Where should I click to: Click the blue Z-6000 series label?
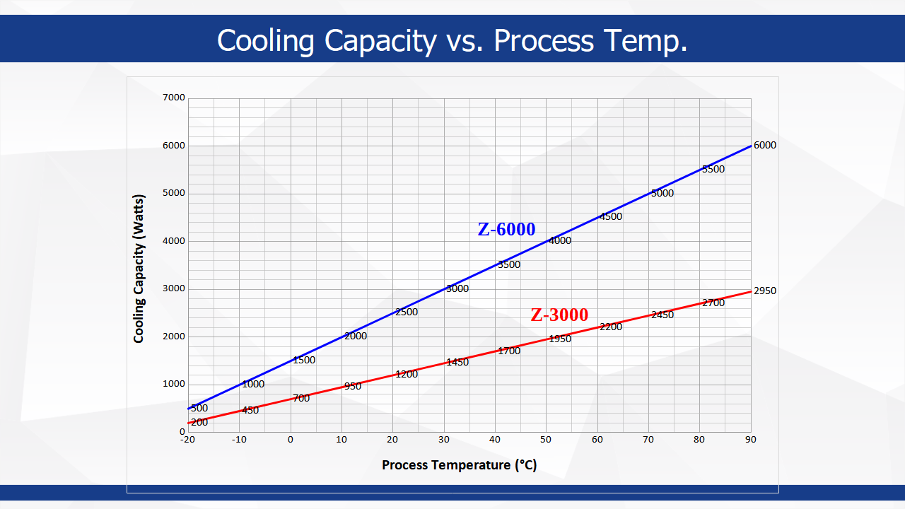(x=506, y=230)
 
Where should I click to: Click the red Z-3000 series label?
(x=559, y=315)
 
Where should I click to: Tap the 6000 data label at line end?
(x=764, y=146)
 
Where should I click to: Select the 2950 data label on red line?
(x=764, y=291)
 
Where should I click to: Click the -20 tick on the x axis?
(x=187, y=440)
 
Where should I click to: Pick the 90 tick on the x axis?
(x=750, y=440)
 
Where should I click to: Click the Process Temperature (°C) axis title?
(x=459, y=465)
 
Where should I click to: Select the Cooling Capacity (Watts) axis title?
(x=139, y=268)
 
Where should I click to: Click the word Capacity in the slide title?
(x=380, y=40)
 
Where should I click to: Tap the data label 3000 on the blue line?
(x=457, y=288)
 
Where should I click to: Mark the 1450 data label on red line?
(x=457, y=362)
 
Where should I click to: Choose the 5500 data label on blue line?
(x=713, y=170)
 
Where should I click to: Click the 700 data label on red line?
(x=301, y=399)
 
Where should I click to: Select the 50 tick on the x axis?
(x=546, y=440)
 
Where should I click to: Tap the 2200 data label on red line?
(x=611, y=327)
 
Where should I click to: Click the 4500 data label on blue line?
(x=611, y=217)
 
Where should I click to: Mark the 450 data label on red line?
(x=250, y=411)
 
